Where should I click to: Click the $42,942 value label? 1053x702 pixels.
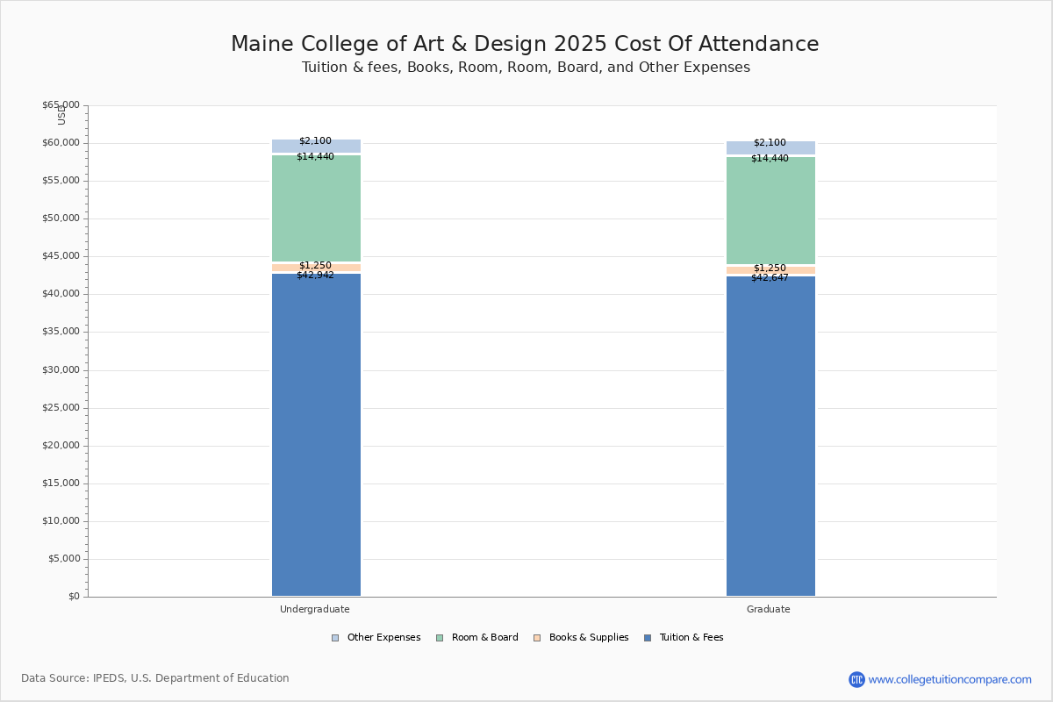[315, 276]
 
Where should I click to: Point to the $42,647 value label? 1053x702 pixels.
[770, 278]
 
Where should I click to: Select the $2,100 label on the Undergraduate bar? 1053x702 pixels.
[315, 141]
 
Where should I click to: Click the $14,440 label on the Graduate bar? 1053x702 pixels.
[770, 159]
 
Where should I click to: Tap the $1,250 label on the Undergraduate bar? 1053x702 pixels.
[315, 266]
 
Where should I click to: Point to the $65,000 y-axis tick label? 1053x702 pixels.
[61, 105]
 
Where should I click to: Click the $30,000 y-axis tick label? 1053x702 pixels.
[61, 370]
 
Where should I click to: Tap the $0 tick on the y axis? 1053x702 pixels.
[73, 597]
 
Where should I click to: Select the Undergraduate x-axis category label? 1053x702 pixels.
[315, 609]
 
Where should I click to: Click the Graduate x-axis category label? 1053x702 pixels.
[769, 609]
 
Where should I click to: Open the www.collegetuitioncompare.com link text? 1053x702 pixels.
[949, 679]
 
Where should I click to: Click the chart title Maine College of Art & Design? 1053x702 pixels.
[525, 45]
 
